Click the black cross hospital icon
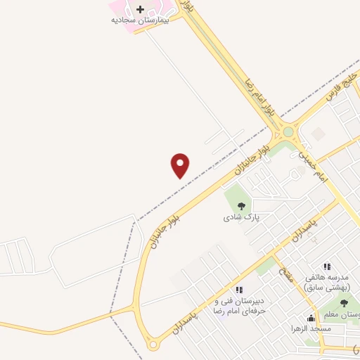[140, 9]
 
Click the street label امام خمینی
[313, 166]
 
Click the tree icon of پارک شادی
[241, 206]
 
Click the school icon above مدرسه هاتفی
[326, 266]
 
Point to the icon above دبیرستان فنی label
[239, 290]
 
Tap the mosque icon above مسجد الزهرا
[311, 318]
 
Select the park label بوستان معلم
[341, 314]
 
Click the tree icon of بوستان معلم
[343, 303]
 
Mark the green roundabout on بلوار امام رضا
[288, 131]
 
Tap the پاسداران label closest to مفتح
[309, 231]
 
